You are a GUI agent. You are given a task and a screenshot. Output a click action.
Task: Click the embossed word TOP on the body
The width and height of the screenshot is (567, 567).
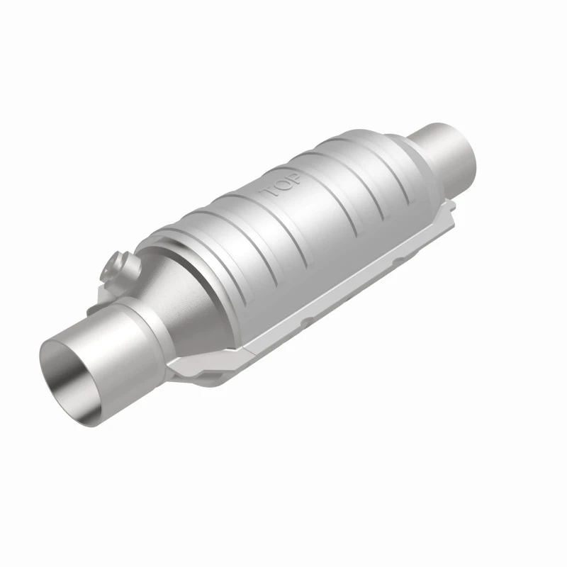pyautogui.click(x=283, y=184)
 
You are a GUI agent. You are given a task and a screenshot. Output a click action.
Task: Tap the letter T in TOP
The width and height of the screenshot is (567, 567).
pyautogui.click(x=269, y=192)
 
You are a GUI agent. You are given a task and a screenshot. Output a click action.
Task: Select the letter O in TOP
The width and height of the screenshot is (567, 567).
pyautogui.click(x=282, y=184)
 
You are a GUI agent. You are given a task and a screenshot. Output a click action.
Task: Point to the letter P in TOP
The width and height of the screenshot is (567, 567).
pyautogui.click(x=296, y=177)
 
